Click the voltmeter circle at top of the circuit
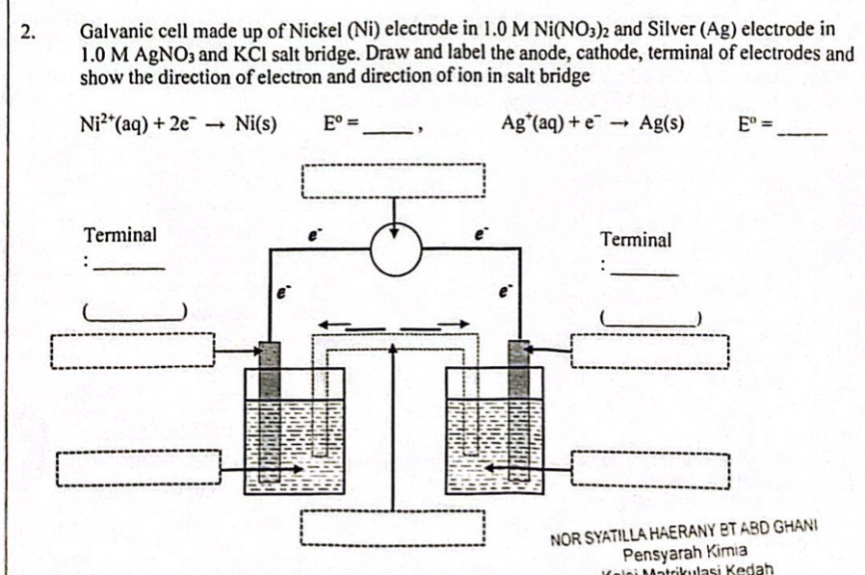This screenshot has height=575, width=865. pyautogui.click(x=395, y=248)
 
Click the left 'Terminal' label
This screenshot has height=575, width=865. pyautogui.click(x=120, y=234)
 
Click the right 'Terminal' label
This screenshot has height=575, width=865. pyautogui.click(x=636, y=240)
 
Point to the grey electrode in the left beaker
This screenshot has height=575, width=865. pyautogui.click(x=270, y=369)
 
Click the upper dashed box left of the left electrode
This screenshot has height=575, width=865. pyautogui.click(x=133, y=351)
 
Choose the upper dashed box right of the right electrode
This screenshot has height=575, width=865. pyautogui.click(x=650, y=350)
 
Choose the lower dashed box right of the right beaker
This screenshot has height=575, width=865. pyautogui.click(x=650, y=469)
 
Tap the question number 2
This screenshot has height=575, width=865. pyautogui.click(x=28, y=30)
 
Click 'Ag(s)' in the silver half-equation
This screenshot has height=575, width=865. pyautogui.click(x=662, y=124)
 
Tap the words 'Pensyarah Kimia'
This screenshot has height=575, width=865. pyautogui.click(x=684, y=552)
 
